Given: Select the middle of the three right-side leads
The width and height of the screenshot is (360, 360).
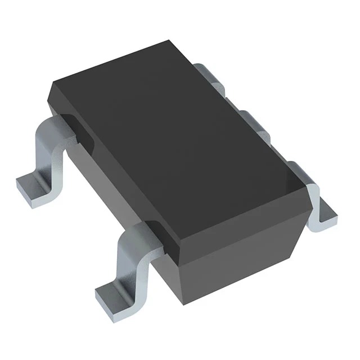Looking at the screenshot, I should coord(253,121).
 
